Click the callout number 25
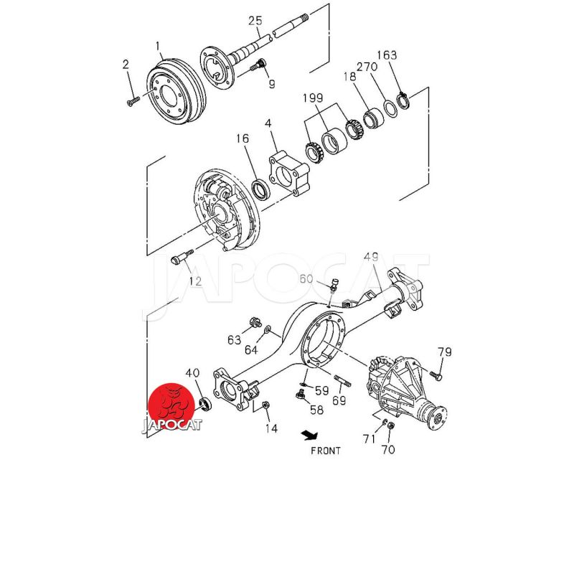(255, 21)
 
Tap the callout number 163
(387, 55)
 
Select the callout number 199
(313, 98)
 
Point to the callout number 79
(445, 352)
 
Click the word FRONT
(326, 451)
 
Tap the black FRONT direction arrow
(310, 436)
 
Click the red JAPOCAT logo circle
(171, 405)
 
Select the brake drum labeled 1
(176, 91)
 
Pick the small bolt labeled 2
(133, 101)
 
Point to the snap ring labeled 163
(403, 100)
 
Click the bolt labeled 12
(182, 258)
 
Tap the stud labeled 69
(343, 381)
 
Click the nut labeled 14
(265, 405)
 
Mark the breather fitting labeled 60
(334, 284)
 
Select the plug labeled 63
(254, 323)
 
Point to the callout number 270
(367, 67)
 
